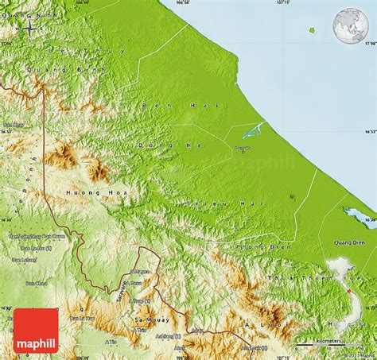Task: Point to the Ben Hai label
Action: click(167, 105)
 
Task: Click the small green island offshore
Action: click(313, 31)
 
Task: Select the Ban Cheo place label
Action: click(37, 283)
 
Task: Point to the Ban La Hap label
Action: click(82, 318)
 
